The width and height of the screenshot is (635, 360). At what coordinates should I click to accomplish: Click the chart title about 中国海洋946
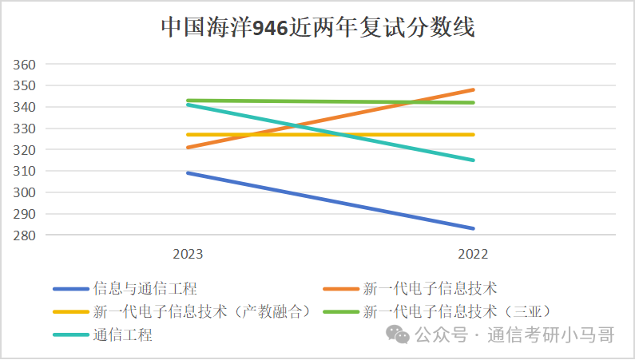[317, 27]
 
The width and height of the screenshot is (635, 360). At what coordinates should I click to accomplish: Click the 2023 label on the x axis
[188, 254]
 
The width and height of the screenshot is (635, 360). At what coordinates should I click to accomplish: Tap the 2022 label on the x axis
[473, 254]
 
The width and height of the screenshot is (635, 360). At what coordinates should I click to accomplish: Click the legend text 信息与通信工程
[145, 288]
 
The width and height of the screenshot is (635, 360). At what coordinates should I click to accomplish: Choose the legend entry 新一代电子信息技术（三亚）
[458, 311]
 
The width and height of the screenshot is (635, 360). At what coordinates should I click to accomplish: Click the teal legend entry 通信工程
[122, 334]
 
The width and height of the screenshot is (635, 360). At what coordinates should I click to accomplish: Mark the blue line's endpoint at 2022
[473, 228]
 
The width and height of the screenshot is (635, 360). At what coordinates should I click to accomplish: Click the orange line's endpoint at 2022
[473, 89]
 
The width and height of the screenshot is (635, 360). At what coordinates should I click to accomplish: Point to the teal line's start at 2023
[188, 105]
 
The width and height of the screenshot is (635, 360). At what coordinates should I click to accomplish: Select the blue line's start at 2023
[188, 172]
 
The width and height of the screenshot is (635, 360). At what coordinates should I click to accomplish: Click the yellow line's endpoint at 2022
[473, 134]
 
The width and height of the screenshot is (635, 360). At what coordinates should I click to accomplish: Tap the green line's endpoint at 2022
[473, 102]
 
